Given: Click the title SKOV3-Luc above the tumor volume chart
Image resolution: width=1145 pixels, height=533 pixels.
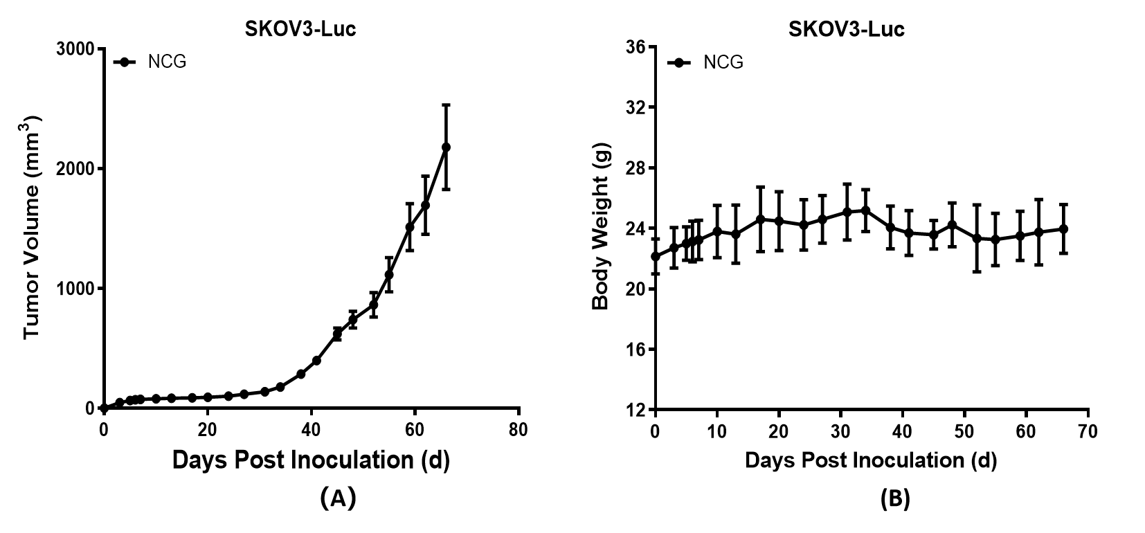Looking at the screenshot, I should [300, 29].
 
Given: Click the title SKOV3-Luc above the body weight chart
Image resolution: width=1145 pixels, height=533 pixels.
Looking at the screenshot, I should [846, 29].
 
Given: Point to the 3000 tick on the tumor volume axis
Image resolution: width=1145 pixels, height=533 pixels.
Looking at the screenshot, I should [76, 49].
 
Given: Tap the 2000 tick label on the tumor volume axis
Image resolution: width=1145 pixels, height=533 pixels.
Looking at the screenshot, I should [76, 169].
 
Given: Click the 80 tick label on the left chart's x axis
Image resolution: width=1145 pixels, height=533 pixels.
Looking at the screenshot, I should [518, 431].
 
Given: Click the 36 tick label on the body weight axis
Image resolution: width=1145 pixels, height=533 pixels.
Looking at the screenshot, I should [635, 47].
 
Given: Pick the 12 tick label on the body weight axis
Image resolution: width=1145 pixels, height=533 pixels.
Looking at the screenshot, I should [635, 410].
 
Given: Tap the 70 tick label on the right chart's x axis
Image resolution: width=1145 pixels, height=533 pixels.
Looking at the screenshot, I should [1088, 432].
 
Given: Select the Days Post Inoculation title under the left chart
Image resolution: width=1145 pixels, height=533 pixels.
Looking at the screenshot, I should [311, 460].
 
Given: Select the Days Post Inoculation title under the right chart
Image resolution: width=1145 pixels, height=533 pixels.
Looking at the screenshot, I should [870, 460].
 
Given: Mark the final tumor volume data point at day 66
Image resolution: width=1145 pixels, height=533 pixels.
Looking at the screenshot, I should [446, 147].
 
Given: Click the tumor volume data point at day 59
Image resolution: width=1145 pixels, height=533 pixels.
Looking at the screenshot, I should [410, 227].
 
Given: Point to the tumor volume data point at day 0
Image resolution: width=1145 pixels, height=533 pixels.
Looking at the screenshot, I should [104, 408].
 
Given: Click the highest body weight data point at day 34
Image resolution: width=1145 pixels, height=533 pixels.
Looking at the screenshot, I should [865, 210].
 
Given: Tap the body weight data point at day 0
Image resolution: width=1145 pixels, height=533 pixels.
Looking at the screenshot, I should [656, 256].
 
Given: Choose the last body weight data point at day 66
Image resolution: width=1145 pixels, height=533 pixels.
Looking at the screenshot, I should [1063, 228].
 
